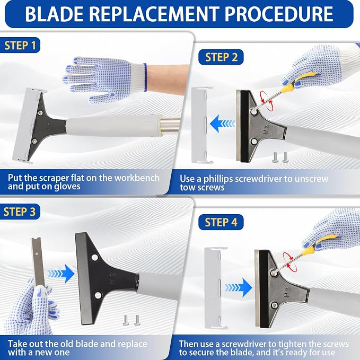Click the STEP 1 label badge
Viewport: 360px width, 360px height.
[x=20, y=45]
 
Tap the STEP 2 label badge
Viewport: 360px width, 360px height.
[x=221, y=57]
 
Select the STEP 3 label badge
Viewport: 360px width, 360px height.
[x=20, y=212]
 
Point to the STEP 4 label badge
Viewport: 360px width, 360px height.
[x=221, y=222]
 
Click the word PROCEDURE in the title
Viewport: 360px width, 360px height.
[x=279, y=14]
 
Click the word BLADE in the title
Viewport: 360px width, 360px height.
[x=54, y=14]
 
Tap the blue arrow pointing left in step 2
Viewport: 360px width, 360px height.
[x=222, y=124]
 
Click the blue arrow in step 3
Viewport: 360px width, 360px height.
[x=61, y=274]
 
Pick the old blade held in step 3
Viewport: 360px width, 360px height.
[x=38, y=262]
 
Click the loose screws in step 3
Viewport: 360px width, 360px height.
[x=131, y=320]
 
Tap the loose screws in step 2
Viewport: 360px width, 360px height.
[x=280, y=157]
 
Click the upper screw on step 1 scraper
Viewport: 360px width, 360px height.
[x=40, y=112]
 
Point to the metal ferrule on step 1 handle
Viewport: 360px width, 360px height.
[x=170, y=124]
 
